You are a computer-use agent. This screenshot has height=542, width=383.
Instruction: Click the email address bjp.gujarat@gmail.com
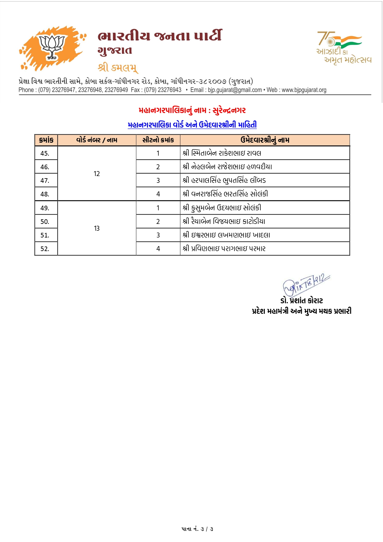[235, 90]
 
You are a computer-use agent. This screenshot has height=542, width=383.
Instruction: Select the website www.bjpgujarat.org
[304, 90]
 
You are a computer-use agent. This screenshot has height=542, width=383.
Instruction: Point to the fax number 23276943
[170, 90]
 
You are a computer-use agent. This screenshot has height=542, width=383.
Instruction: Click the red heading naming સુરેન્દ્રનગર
[192, 110]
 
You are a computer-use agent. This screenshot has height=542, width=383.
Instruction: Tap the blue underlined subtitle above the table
[192, 125]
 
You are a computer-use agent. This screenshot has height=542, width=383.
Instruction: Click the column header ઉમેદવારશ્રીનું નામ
[265, 140]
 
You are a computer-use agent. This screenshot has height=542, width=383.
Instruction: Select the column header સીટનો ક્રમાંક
[158, 140]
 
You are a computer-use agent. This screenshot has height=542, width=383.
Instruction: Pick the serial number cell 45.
[45, 153]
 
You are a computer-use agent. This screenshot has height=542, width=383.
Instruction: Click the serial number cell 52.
[45, 249]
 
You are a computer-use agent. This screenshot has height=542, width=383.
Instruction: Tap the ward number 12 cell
[97, 174]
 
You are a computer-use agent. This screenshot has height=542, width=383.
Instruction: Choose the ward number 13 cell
[97, 228]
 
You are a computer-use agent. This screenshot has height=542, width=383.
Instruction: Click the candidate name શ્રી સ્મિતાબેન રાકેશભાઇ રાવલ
[222, 153]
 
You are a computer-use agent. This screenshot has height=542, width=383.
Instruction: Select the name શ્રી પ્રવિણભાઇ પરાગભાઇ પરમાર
[224, 249]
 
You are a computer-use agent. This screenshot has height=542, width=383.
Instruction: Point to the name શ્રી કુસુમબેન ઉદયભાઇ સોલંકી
[222, 208]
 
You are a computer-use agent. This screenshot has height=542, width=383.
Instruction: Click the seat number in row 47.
[158, 180]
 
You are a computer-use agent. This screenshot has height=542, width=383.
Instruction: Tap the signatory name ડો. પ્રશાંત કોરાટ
[301, 300]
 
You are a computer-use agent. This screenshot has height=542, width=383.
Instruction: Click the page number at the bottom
[197, 529]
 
